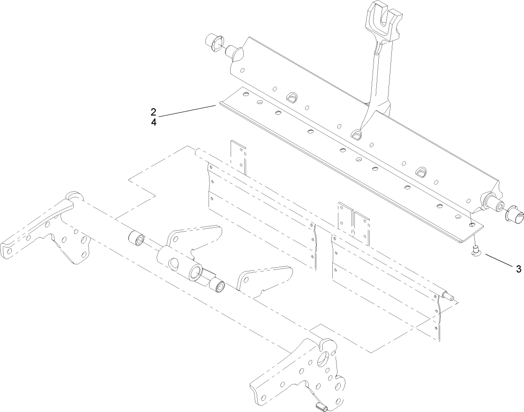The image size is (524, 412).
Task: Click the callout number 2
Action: point(153,112)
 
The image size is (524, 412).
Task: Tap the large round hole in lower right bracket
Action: point(323,360)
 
